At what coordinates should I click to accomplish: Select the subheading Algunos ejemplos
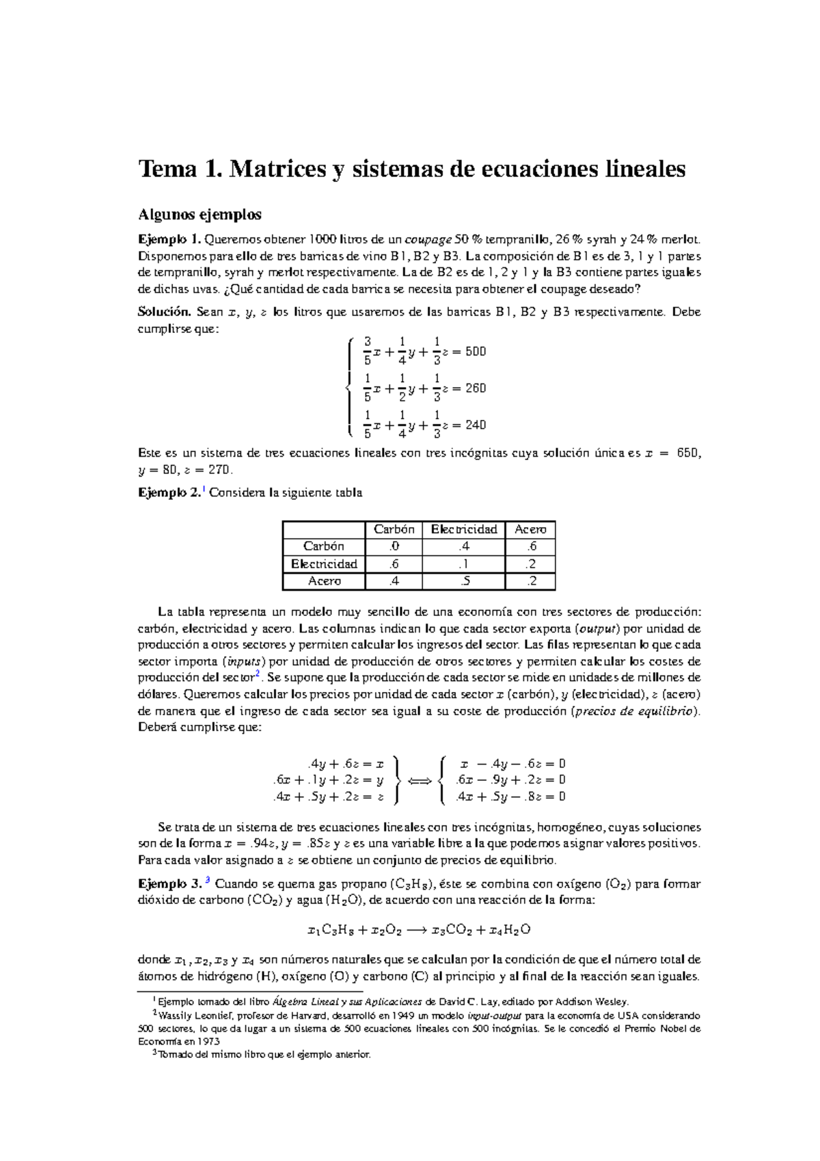pos(200,215)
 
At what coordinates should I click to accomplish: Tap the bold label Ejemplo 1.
pos(169,239)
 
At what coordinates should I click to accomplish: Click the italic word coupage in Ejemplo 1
pos(428,240)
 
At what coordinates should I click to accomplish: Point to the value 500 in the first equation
pos(475,351)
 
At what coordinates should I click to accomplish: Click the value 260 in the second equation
pos(475,388)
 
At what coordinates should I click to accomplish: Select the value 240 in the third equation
pos(475,425)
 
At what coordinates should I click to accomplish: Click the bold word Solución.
pos(164,312)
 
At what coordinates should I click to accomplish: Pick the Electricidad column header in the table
pos(463,529)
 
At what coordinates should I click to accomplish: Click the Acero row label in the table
pos(324,581)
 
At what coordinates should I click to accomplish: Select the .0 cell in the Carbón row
pos(394,546)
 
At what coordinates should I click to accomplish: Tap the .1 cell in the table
pos(463,564)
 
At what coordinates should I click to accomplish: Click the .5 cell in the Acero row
pos(463,581)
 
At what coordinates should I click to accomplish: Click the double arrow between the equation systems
pos(419,781)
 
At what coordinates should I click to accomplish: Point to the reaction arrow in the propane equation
pos(416,930)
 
